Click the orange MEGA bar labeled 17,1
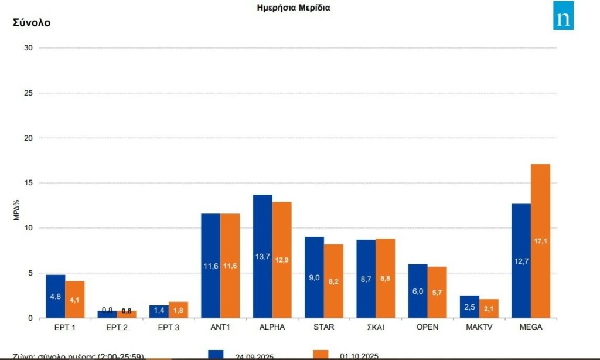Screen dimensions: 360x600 (540, 241)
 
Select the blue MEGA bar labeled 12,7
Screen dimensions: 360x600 (521, 261)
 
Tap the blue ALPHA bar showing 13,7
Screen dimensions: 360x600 (262, 256)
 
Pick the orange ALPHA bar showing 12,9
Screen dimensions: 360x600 (282, 260)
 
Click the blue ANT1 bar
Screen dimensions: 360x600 (211, 266)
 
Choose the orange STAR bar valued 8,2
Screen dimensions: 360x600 (333, 281)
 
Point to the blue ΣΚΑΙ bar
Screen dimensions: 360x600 (366, 279)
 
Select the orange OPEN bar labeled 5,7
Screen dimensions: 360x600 (437, 292)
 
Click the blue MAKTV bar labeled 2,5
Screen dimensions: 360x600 (469, 307)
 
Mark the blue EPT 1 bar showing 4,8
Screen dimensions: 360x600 (56, 296)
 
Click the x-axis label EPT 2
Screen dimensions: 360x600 (117, 327)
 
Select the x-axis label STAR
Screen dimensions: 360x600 (323, 327)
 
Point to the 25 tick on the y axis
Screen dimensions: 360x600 (29, 93)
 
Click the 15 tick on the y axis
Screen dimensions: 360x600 (29, 183)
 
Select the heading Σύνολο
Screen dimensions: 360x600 (32, 23)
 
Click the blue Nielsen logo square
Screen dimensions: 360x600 (563, 15)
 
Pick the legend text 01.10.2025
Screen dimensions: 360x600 (359, 355)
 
